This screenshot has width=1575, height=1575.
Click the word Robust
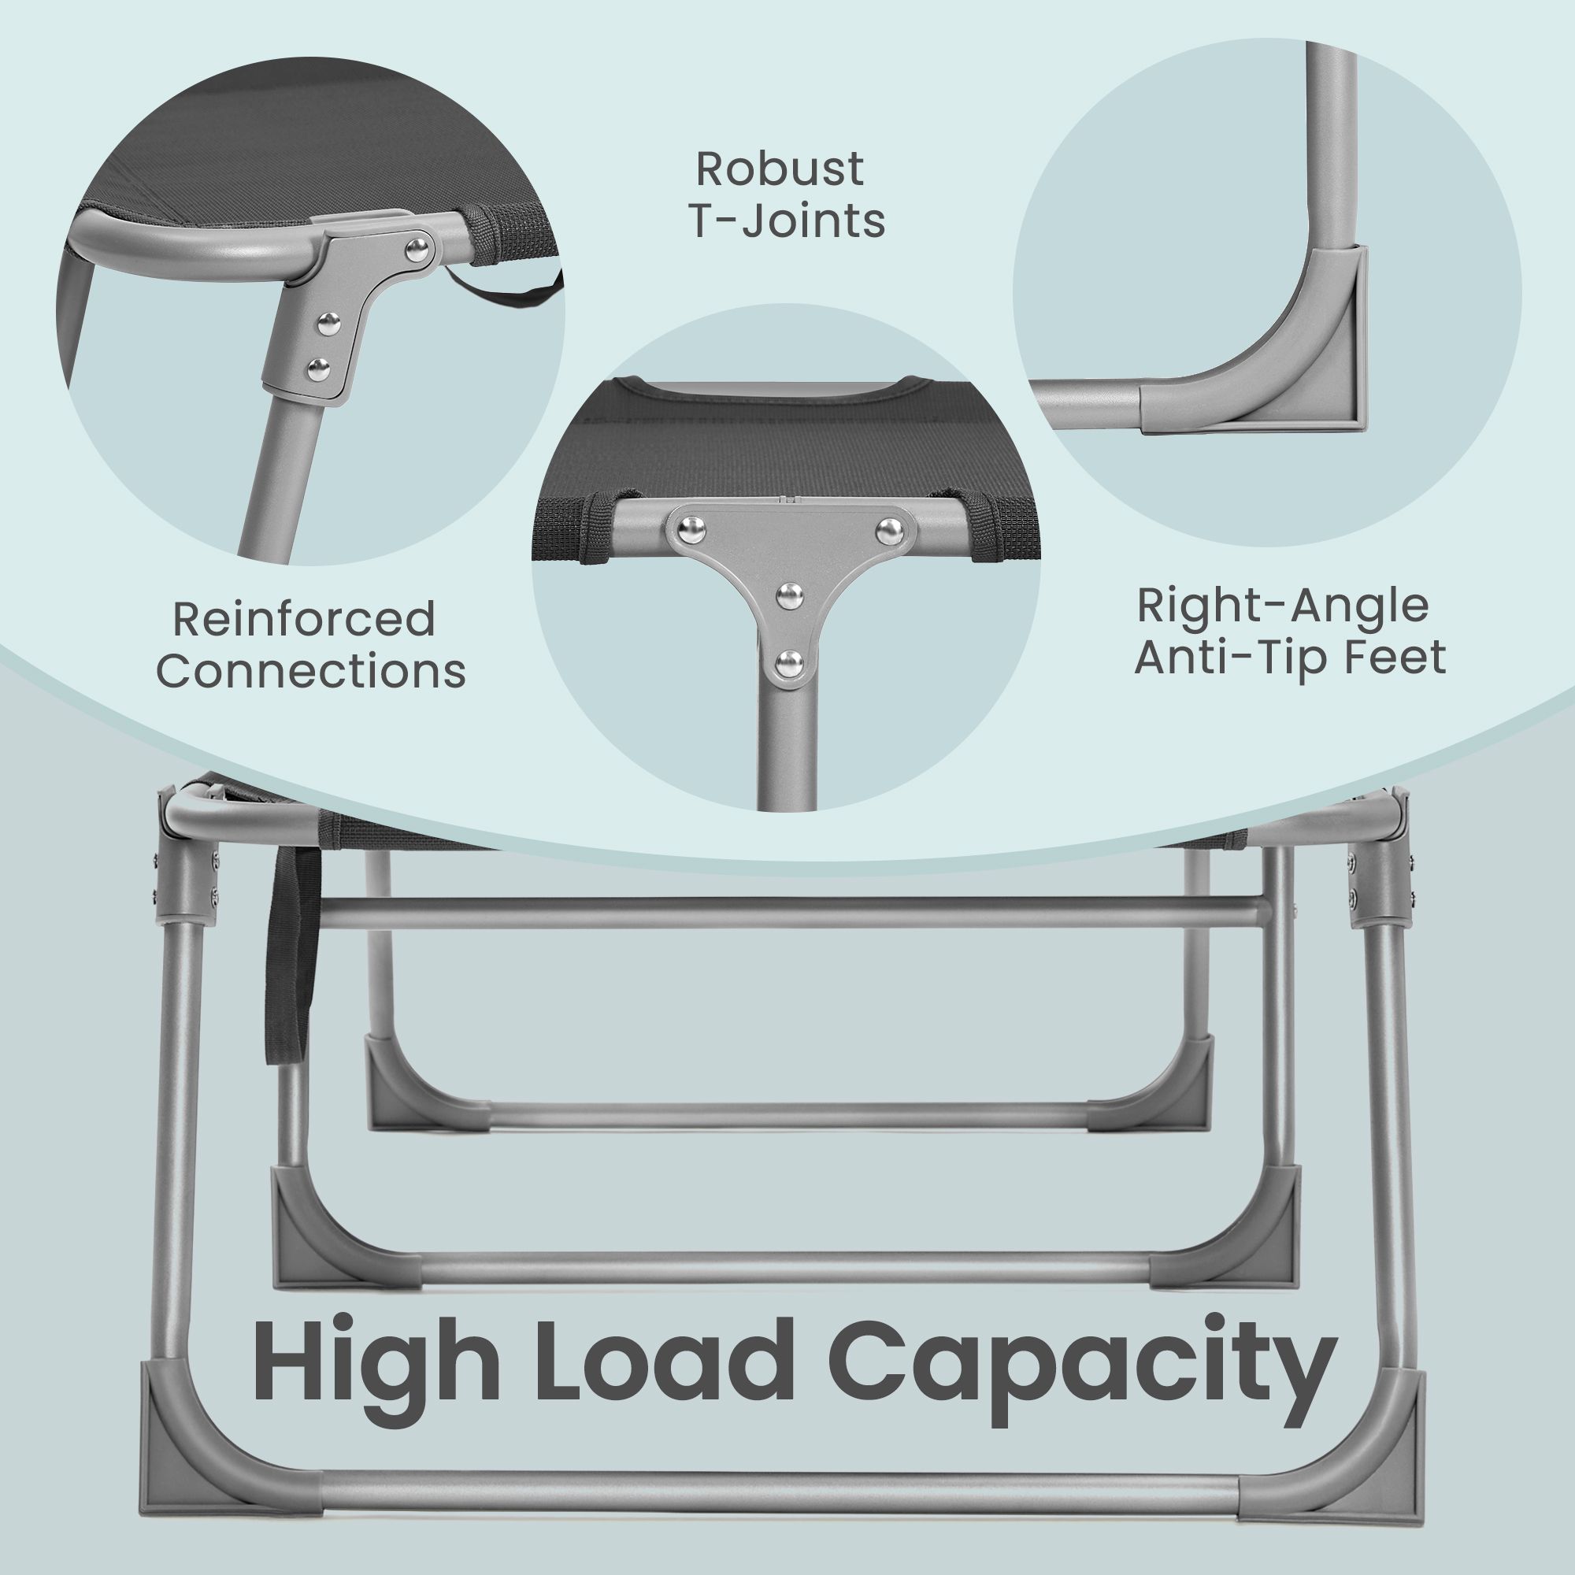780,169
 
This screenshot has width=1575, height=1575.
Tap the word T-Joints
787,221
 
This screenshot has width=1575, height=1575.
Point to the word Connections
311,672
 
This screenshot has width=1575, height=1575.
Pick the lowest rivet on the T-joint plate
788,661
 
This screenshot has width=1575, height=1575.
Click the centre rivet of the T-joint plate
788,595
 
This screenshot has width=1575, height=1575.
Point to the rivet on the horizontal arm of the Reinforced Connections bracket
420,245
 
